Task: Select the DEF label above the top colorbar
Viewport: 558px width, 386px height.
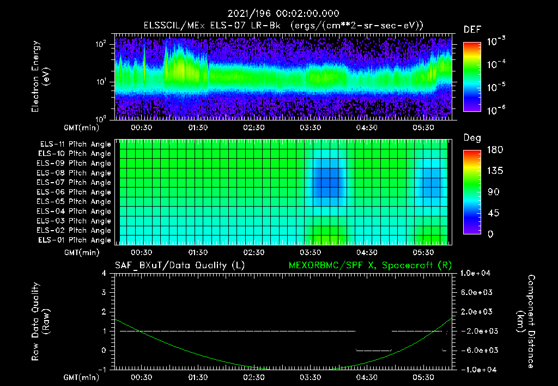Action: pyautogui.click(x=472, y=30)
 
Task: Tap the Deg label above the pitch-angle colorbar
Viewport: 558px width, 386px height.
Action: pyautogui.click(x=472, y=138)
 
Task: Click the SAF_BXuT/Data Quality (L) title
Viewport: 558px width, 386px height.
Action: pyautogui.click(x=179, y=265)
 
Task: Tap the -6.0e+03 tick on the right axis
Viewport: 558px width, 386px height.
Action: pyautogui.click(x=477, y=350)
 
